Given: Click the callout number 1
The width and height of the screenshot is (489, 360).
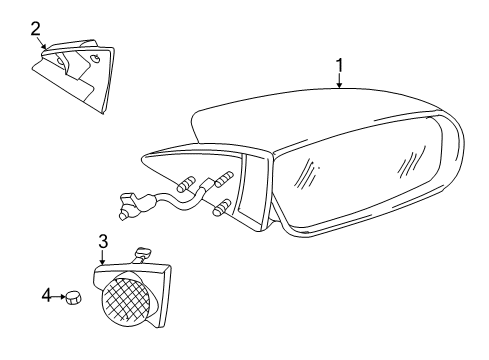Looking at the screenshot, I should coord(340,66).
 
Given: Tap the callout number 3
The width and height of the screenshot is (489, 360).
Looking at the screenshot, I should coord(103,242).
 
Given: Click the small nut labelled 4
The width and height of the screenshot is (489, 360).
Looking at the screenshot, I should coord(72,297).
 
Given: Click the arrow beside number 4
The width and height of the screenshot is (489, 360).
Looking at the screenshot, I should coord(59,296).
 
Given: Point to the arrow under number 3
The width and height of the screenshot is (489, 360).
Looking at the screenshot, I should coord(103,258).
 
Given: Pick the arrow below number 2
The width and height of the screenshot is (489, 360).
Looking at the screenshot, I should coord(40,44).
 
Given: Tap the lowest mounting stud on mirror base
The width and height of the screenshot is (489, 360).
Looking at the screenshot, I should coord(222,208).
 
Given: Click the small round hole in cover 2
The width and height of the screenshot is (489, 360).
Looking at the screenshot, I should coord(95,59).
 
